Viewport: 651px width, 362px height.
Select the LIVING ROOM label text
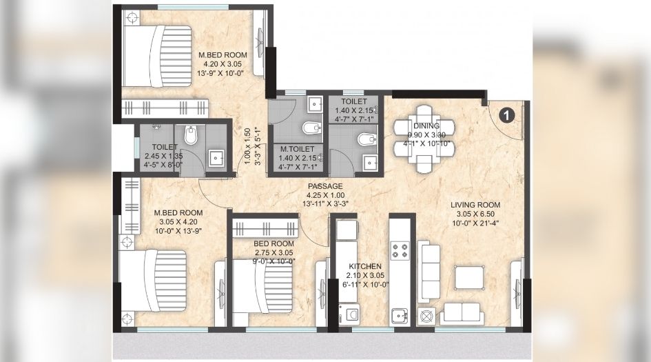tap(475, 205)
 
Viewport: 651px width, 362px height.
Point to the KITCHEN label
tap(361, 265)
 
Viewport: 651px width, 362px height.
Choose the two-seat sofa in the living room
tap(462, 313)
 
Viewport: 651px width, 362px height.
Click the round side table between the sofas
tap(425, 316)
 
